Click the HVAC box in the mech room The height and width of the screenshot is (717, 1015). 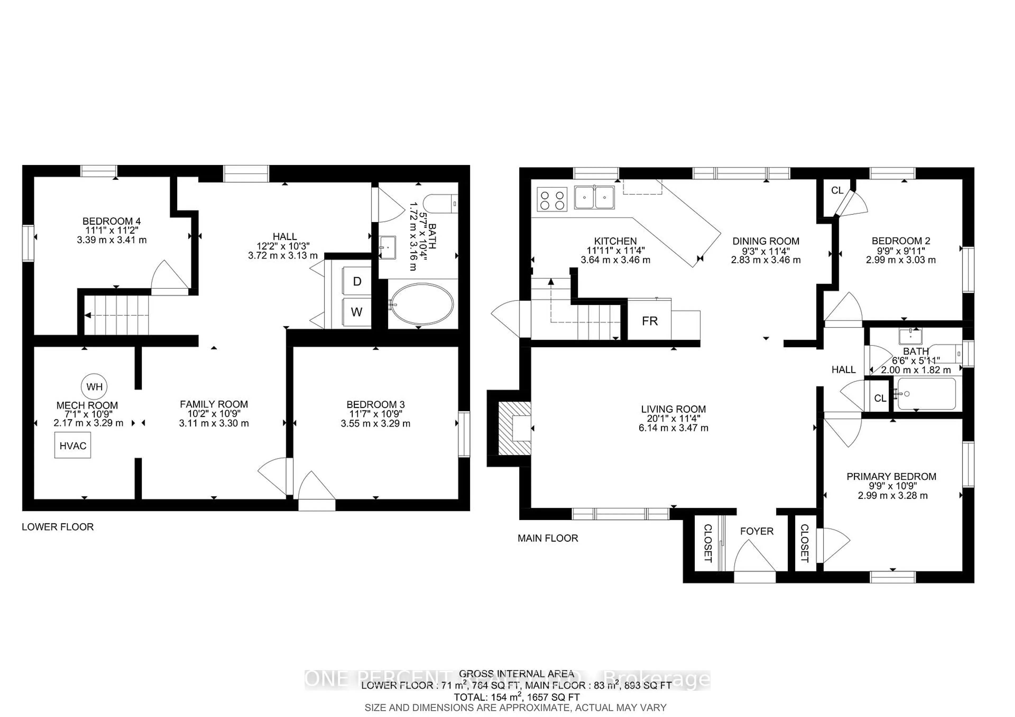pos(72,445)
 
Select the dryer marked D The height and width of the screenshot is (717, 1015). pos(357,281)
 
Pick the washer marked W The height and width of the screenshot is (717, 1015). pos(357,312)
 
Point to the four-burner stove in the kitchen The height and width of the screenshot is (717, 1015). pos(552,199)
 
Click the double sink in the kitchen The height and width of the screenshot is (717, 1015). pos(594,197)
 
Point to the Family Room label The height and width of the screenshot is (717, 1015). pos(214,404)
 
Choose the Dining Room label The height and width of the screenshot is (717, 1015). pos(766,241)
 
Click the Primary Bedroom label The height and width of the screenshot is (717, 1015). pos(891,477)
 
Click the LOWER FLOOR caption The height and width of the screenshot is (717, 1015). pos(58,527)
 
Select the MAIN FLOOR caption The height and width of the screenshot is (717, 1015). pos(548,538)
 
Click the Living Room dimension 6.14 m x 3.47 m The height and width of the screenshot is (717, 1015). pos(673,428)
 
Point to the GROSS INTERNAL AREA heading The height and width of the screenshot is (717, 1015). pos(516,686)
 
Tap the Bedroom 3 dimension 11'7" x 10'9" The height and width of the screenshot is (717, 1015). pos(375,414)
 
